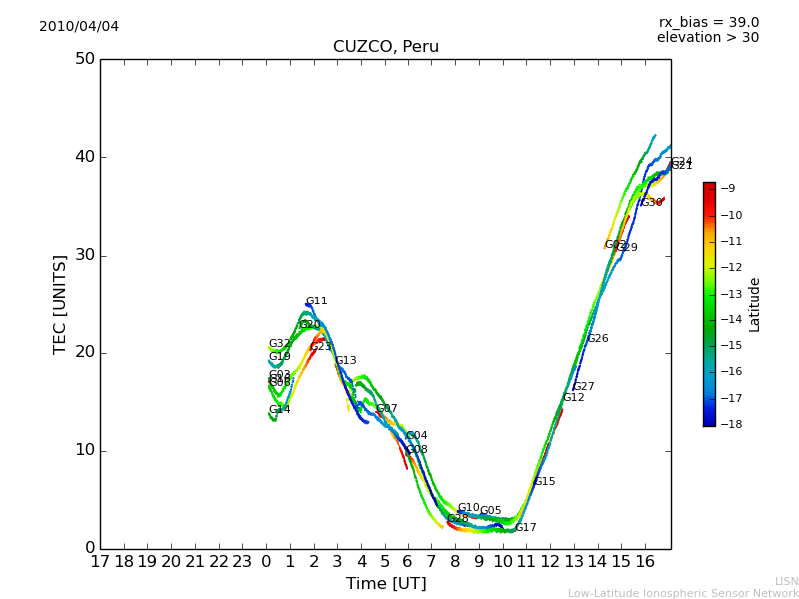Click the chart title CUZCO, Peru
pyautogui.click(x=386, y=47)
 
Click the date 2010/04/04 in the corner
pyautogui.click(x=79, y=26)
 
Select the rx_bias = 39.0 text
pyautogui.click(x=708, y=22)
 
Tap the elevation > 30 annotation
pyautogui.click(x=707, y=38)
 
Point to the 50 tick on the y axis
pyautogui.click(x=85, y=59)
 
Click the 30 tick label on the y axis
pyautogui.click(x=85, y=255)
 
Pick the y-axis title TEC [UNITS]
pyautogui.click(x=60, y=303)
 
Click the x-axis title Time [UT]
pyautogui.click(x=386, y=583)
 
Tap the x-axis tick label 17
pyautogui.click(x=100, y=561)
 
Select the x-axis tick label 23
pyautogui.click(x=242, y=561)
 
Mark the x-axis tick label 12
pyautogui.click(x=551, y=561)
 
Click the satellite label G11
pyautogui.click(x=316, y=301)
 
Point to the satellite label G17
pyautogui.click(x=526, y=528)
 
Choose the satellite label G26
pyautogui.click(x=597, y=339)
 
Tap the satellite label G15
pyautogui.click(x=544, y=482)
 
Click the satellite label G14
pyautogui.click(x=279, y=410)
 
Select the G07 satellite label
pyautogui.click(x=386, y=409)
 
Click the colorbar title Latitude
pyautogui.click(x=755, y=304)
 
